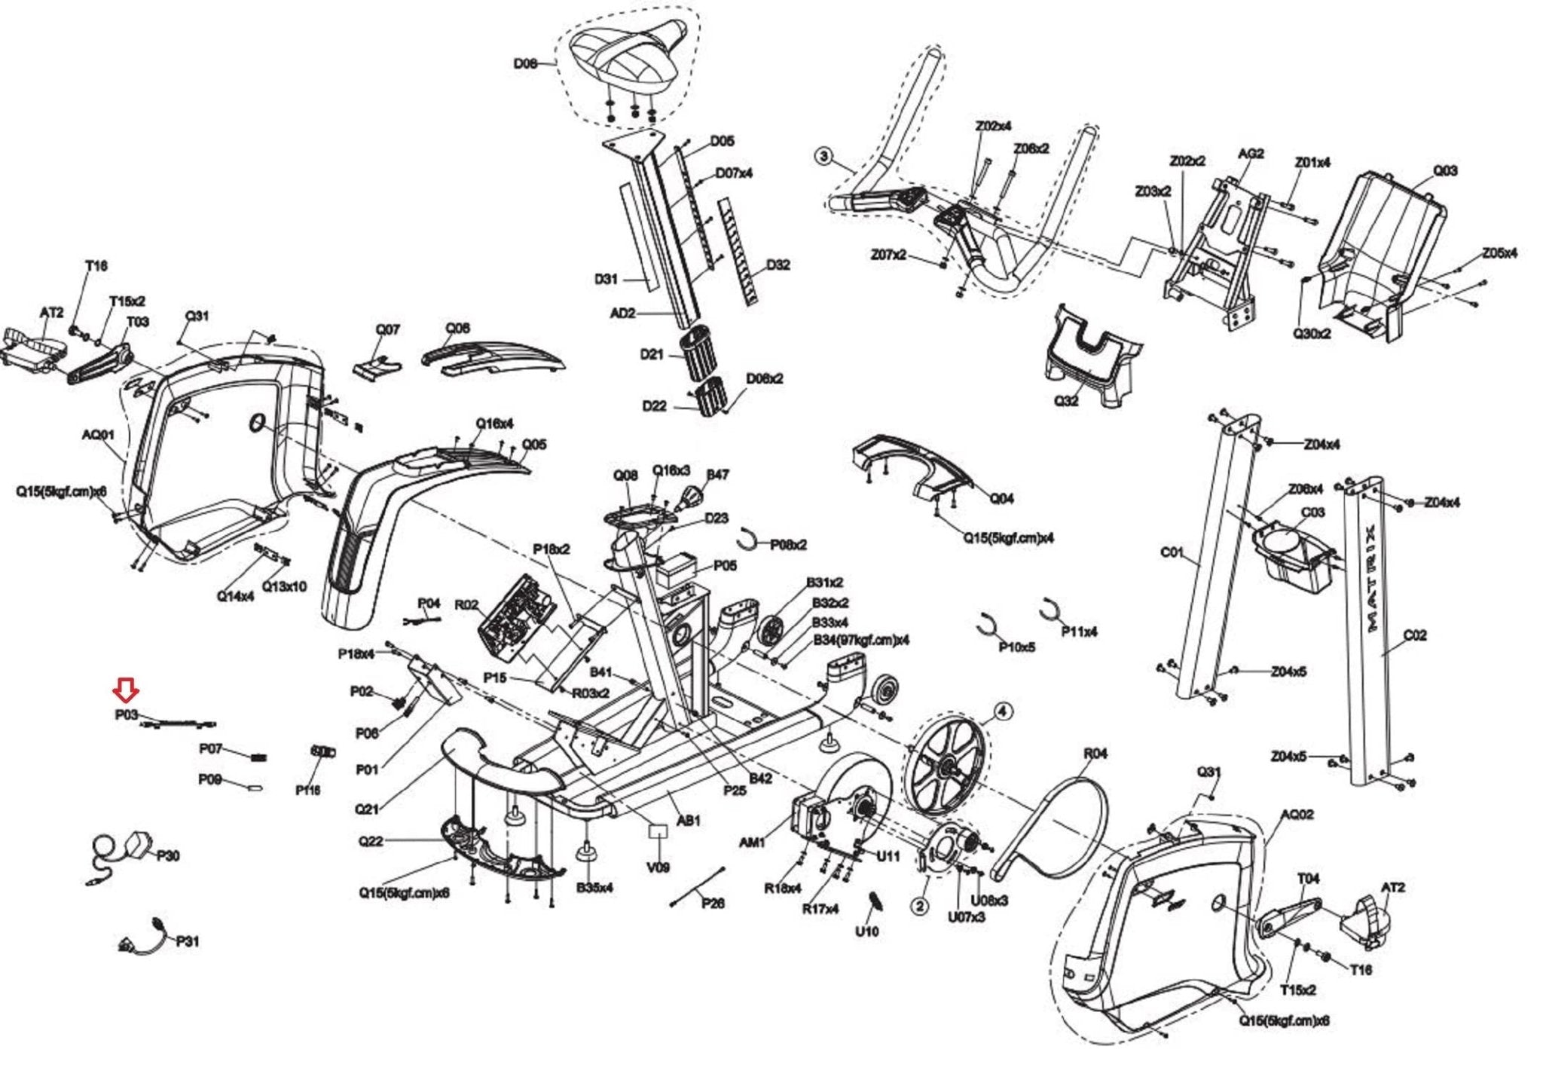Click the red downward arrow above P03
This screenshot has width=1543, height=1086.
pos(125,689)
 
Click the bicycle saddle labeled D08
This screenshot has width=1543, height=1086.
pos(628,60)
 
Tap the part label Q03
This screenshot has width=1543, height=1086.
pos(1444,171)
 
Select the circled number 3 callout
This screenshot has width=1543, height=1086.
pos(824,157)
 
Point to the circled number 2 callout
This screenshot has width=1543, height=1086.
pos(920,906)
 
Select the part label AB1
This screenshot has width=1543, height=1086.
pos(689,821)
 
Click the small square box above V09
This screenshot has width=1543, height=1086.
pos(658,831)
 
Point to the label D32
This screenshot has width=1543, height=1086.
pos(778,265)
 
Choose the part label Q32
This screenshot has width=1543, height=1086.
pos(1066,401)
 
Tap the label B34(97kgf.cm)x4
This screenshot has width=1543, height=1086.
pos(860,640)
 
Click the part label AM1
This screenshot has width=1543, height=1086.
pos(753,843)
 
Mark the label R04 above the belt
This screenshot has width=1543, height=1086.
pos(1095,754)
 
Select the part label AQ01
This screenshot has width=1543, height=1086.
pos(98,435)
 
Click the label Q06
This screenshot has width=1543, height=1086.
pos(457,329)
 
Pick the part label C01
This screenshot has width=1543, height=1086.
pos(1172,552)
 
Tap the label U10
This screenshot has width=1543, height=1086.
pos(866,932)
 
